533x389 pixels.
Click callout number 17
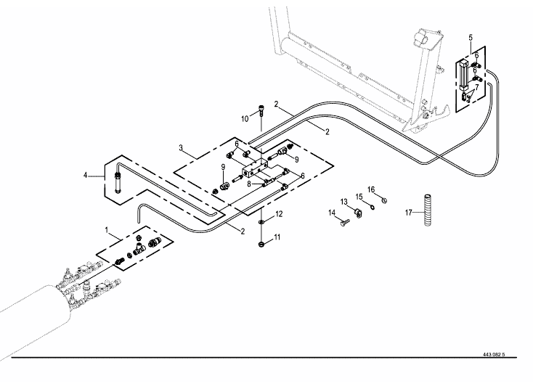pos(408,213)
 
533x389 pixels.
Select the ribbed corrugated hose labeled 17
pos(428,210)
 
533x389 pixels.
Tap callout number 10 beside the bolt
pos(245,119)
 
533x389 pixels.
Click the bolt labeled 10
pos(261,111)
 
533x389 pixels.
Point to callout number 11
pos(277,237)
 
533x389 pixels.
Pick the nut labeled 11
pos(261,244)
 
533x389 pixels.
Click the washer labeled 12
pos(261,222)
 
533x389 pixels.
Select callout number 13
pos(344,202)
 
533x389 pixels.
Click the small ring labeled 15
pos(373,207)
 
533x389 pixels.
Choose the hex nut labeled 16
pos(384,200)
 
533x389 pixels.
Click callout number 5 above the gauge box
pos(471,37)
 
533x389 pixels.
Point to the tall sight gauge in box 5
pos(464,75)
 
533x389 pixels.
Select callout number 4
pos(85,176)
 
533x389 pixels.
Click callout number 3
pos(181,148)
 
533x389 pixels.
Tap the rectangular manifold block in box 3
pos(255,169)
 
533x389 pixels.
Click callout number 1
pos(107,230)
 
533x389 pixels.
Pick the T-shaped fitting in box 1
pos(139,250)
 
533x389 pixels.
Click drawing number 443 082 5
pos(494,355)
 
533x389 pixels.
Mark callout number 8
pos(249,184)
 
